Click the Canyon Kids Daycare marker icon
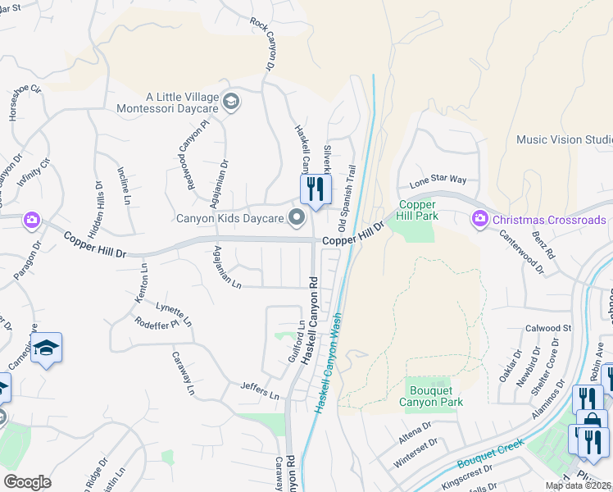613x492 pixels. (297, 218)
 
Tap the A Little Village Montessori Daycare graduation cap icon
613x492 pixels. (231, 102)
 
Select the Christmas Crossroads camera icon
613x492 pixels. (478, 219)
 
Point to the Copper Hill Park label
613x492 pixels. (419, 210)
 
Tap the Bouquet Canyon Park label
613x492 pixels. (431, 396)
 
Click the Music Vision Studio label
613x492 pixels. (565, 139)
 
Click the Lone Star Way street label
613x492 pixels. (438, 180)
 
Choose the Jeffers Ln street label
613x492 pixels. (260, 390)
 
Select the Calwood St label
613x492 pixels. (550, 328)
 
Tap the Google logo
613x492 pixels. (27, 482)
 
